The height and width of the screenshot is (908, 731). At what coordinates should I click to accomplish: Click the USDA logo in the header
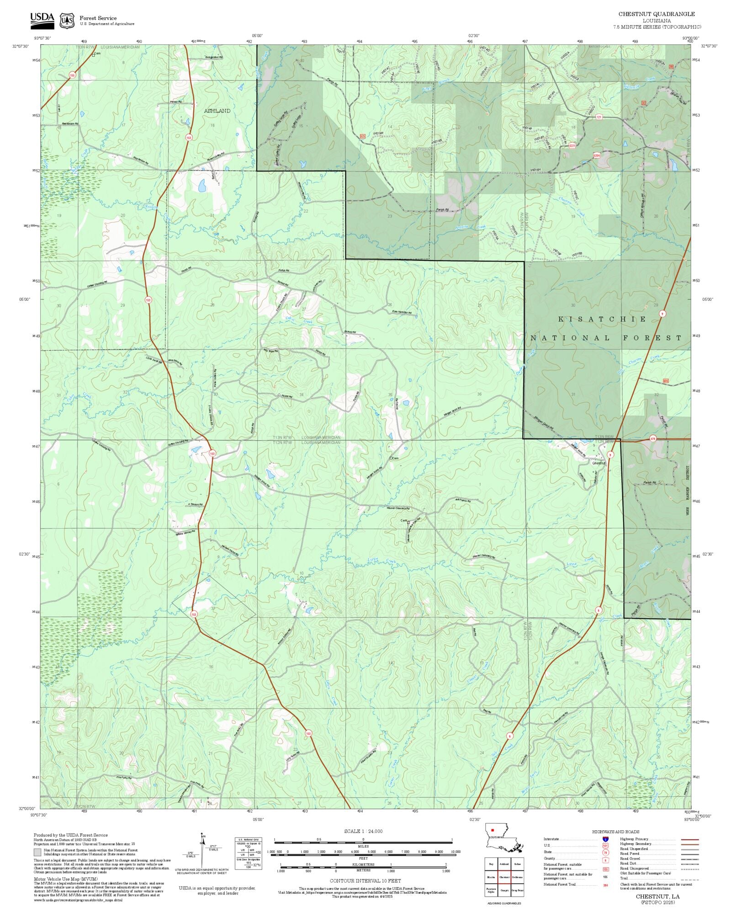(42, 21)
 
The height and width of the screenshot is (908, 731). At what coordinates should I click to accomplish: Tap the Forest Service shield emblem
(67, 21)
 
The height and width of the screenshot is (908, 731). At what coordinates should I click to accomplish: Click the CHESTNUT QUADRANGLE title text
(657, 14)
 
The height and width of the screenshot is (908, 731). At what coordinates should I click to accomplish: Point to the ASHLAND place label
(217, 111)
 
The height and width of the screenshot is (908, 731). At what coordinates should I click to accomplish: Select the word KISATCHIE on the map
(603, 319)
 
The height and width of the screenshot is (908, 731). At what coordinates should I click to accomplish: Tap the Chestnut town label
(599, 463)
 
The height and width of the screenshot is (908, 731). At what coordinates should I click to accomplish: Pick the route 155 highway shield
(72, 75)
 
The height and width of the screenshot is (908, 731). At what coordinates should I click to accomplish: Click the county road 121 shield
(599, 118)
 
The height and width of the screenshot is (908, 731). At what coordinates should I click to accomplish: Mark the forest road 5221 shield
(572, 145)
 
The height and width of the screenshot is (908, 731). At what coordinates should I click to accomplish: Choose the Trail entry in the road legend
(624, 878)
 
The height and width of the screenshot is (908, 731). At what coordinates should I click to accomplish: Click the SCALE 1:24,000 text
(363, 831)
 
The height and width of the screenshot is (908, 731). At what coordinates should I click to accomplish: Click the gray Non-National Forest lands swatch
(37, 852)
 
